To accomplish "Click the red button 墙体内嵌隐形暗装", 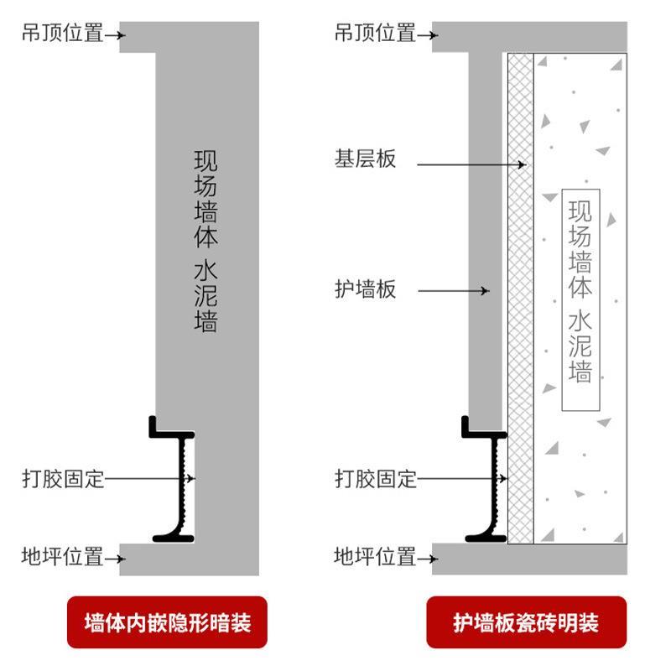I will point(167,622).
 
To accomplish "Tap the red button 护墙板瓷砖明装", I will point(526,622).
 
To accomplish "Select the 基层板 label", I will point(365,159).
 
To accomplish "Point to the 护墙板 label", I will point(365,290).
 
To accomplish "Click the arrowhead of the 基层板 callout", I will point(522,164).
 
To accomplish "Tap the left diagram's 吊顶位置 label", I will point(63,34).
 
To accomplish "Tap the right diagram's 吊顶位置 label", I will point(375,34).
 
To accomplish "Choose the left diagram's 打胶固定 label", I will point(63,479).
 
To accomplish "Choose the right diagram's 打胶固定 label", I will point(375,479).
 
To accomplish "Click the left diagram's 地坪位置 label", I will point(63,556).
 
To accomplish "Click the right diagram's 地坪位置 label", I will point(375,556).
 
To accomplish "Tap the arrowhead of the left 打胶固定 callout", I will point(192,479).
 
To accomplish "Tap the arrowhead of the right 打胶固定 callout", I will point(504,479).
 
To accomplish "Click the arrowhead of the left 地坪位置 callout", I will point(122,556).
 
